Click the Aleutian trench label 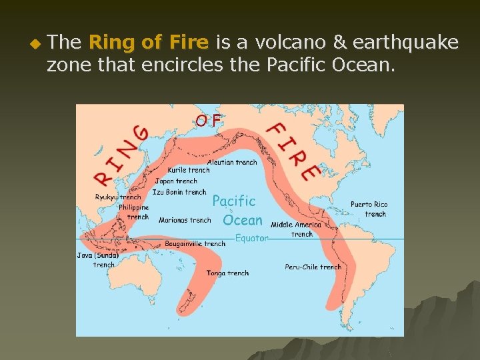pyautogui.click(x=232, y=162)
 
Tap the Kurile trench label pyautogui.click(x=189, y=170)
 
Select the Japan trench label pyautogui.click(x=177, y=181)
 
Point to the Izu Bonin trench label pyautogui.click(x=179, y=192)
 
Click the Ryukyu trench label pyautogui.click(x=118, y=197)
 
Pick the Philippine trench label pyautogui.click(x=134, y=212)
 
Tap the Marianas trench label pyautogui.click(x=185, y=220)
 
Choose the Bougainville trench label pyautogui.click(x=196, y=244)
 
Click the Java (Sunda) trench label pyautogui.click(x=97, y=259)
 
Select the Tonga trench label pyautogui.click(x=227, y=273)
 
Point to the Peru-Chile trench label pyautogui.click(x=313, y=267)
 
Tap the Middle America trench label pyautogui.click(x=296, y=229)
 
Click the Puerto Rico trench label pyautogui.click(x=369, y=209)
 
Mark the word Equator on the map pyautogui.click(x=252, y=237)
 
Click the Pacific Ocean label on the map pyautogui.click(x=236, y=210)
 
